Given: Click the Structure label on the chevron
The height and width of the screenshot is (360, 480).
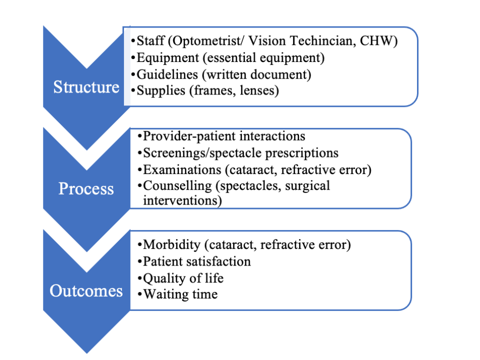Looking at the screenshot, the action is tap(86, 87).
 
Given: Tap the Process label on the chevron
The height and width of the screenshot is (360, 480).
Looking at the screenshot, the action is tap(86, 188).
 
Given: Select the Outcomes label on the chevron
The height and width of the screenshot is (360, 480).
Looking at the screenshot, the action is tap(86, 290).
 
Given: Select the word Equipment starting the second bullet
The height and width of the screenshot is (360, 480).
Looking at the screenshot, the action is tap(168, 58).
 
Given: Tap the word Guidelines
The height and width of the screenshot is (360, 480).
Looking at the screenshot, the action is tap(167, 74).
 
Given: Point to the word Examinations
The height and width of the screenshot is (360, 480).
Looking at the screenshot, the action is tap(182, 169).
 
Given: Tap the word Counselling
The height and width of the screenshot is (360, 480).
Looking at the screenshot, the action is tap(177, 186).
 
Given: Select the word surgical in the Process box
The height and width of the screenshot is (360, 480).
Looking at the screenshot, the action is tap(307, 186).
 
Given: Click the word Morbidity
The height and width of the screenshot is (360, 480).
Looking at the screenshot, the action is tap(171, 245).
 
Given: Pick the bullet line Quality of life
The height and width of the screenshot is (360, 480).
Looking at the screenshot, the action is tap(183, 278).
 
